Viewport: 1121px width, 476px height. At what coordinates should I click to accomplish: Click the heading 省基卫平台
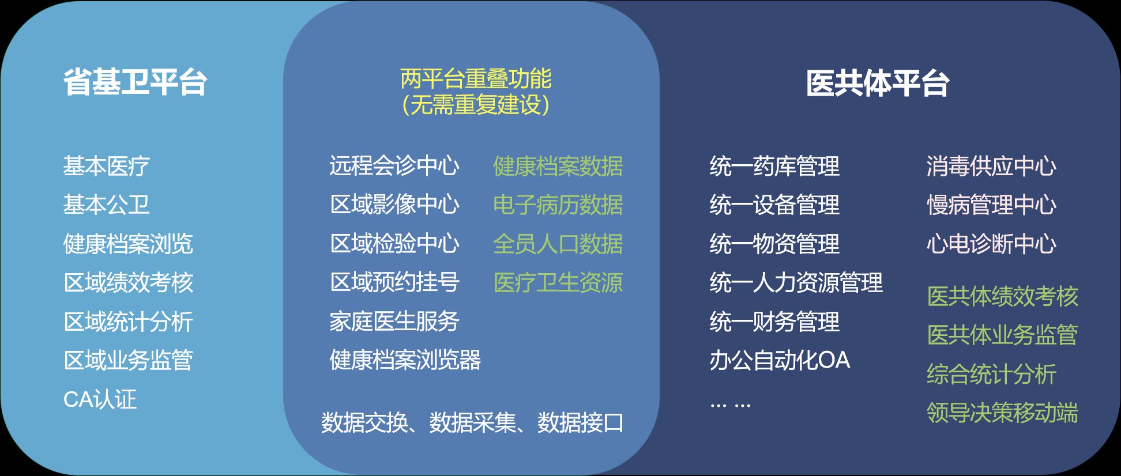135,82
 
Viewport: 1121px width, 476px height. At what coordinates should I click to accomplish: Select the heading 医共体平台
877,83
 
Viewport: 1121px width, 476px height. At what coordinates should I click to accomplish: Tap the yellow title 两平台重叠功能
476,79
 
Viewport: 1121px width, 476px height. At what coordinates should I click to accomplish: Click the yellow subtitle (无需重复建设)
476,104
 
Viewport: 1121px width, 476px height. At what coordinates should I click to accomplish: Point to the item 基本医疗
106,166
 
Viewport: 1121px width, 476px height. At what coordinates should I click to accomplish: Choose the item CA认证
100,399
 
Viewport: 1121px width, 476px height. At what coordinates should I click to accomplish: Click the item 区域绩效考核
128,282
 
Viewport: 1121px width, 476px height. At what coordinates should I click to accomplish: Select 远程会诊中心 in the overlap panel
394,165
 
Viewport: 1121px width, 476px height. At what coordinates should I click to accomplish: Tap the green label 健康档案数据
558,166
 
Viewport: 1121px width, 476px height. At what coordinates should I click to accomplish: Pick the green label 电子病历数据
558,205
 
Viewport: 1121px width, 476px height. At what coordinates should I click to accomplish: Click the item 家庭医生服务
394,321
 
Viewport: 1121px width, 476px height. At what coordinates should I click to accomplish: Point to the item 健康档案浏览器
405,360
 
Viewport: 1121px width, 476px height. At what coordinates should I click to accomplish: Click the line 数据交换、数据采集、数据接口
472,422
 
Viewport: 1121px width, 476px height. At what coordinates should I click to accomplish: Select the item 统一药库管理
774,166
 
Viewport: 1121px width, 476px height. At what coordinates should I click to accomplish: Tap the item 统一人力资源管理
796,282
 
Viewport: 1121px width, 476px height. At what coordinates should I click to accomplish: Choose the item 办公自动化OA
780,360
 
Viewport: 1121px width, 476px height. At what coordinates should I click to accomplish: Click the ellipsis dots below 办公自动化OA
730,405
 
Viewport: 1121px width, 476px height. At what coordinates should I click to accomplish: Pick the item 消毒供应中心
991,166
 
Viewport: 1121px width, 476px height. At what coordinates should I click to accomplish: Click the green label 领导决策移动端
1002,413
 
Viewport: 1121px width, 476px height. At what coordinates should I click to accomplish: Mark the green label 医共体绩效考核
1002,296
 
